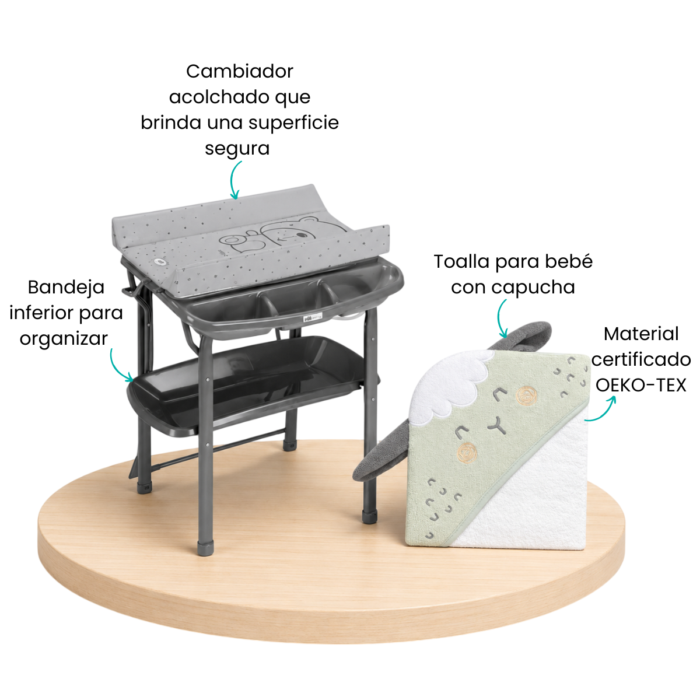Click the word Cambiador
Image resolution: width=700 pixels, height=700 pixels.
(239, 72)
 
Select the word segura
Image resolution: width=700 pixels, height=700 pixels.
(237, 149)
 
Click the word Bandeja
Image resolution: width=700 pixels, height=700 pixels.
(66, 288)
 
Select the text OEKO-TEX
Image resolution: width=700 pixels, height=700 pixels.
(640, 386)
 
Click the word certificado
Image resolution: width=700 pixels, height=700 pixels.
(640, 360)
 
